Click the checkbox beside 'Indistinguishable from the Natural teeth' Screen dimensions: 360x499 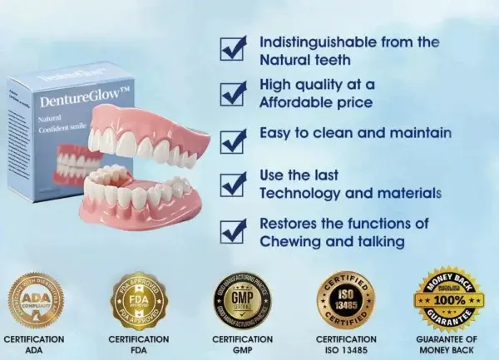click(232, 47)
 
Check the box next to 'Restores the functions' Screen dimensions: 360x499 click(232, 230)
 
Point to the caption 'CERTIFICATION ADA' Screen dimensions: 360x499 click(35, 345)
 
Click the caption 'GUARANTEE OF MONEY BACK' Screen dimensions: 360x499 click(447, 345)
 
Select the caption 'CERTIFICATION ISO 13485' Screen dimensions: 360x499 click(346, 345)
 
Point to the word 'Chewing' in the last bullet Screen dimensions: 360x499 click(289, 242)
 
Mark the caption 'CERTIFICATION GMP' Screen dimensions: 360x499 click(242, 345)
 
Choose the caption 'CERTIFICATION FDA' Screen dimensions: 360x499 click(139, 345)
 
